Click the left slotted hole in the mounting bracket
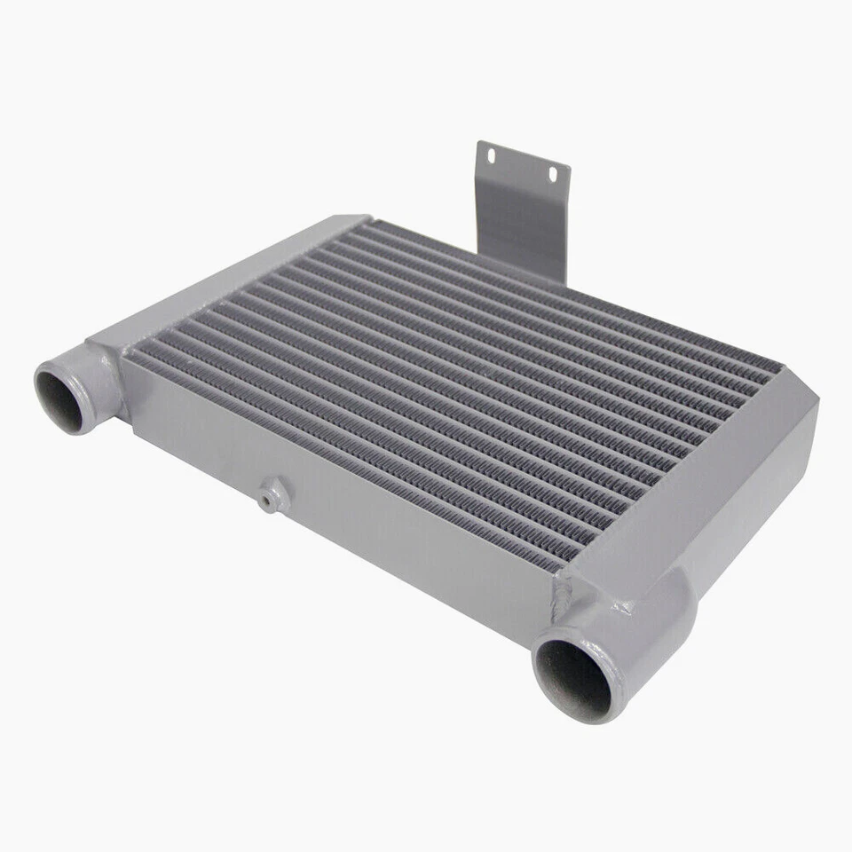490,156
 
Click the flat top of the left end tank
231,275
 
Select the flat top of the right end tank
701,479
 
